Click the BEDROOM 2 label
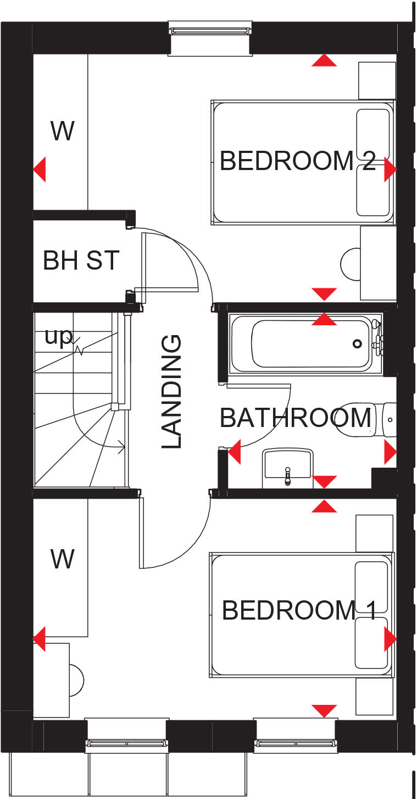[297, 161]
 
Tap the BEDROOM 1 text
[299, 610]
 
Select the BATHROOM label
[295, 418]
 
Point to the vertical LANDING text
[171, 391]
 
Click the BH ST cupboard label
[81, 260]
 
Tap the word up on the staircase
[58, 337]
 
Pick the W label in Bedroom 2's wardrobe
[62, 132]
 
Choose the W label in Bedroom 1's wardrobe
[62, 560]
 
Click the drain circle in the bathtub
[357, 344]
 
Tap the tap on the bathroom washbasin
[287, 477]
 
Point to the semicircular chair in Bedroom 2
[350, 264]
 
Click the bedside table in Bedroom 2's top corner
[377, 80]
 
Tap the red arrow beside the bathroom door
[235, 452]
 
